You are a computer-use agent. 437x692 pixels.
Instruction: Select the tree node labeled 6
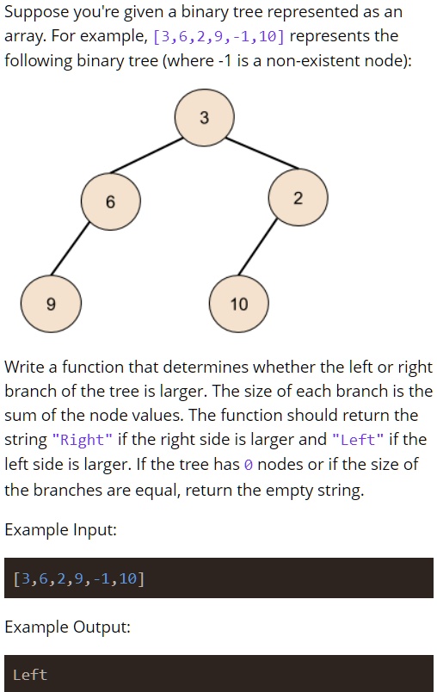(x=110, y=202)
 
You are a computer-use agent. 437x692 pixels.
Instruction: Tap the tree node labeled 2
(x=298, y=199)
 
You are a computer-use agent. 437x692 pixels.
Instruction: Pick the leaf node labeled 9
(x=51, y=303)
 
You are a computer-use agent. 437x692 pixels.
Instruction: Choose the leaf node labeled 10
(x=238, y=303)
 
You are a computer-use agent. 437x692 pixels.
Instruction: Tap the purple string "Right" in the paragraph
(x=83, y=440)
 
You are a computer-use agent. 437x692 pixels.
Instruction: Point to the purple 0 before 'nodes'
(x=248, y=465)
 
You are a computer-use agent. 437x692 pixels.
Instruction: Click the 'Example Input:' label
(x=60, y=529)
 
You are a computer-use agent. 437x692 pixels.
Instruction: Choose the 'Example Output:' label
(x=67, y=627)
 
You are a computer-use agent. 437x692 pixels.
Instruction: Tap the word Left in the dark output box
(x=30, y=675)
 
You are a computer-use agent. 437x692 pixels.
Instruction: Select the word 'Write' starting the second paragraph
(x=26, y=368)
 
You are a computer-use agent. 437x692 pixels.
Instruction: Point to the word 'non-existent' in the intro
(x=326, y=62)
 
